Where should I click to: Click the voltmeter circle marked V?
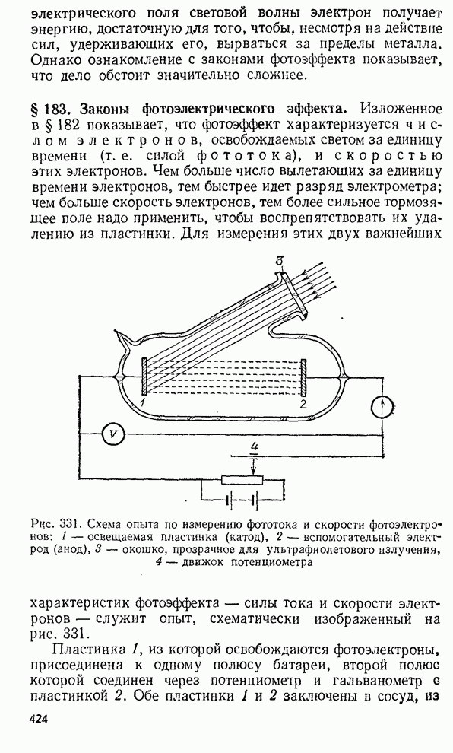tap(113, 434)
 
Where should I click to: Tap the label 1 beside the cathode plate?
tap(143, 402)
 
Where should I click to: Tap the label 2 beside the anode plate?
tap(303, 403)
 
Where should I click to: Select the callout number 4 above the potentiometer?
tap(253, 446)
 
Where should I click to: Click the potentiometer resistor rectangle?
tap(242, 478)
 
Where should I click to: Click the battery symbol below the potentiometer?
tap(242, 500)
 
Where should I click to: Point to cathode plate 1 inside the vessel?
tap(144, 377)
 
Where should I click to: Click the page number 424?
tap(39, 719)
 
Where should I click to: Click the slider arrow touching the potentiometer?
tap(253, 464)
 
